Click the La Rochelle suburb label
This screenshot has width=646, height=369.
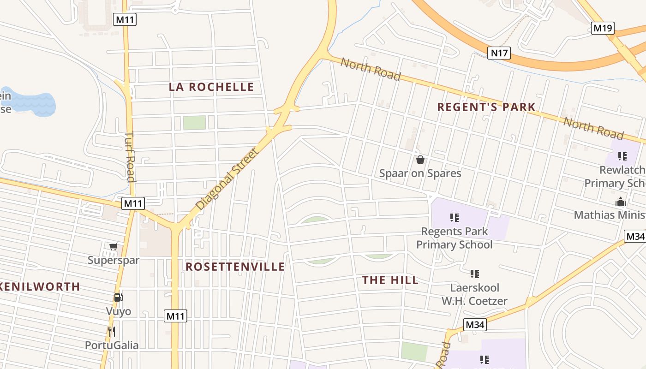pyautogui.click(x=211, y=87)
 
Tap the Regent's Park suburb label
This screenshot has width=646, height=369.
pyautogui.click(x=486, y=107)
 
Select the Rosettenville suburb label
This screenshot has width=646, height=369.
pyautogui.click(x=235, y=267)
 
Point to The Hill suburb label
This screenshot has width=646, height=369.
pyautogui.click(x=390, y=280)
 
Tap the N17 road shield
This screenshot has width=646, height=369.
pyautogui.click(x=499, y=53)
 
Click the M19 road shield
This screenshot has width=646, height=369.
pyautogui.click(x=603, y=28)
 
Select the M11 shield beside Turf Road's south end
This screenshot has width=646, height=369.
pyautogui.click(x=133, y=203)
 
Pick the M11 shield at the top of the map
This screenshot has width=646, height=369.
pyautogui.click(x=125, y=19)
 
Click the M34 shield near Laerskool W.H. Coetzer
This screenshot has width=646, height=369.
pyautogui.click(x=475, y=325)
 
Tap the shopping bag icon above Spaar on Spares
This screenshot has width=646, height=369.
pyautogui.click(x=420, y=160)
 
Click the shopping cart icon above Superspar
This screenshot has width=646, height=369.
pyautogui.click(x=113, y=247)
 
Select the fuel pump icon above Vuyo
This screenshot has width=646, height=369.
pyautogui.click(x=118, y=298)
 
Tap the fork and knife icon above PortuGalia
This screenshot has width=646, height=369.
pyautogui.click(x=111, y=331)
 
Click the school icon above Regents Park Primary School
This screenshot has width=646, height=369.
pyautogui.click(x=454, y=217)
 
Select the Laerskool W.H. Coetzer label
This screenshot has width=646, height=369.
pyautogui.click(x=474, y=294)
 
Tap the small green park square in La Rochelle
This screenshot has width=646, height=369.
pyautogui.click(x=194, y=123)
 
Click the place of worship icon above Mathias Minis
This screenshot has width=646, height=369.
pyautogui.click(x=620, y=202)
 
